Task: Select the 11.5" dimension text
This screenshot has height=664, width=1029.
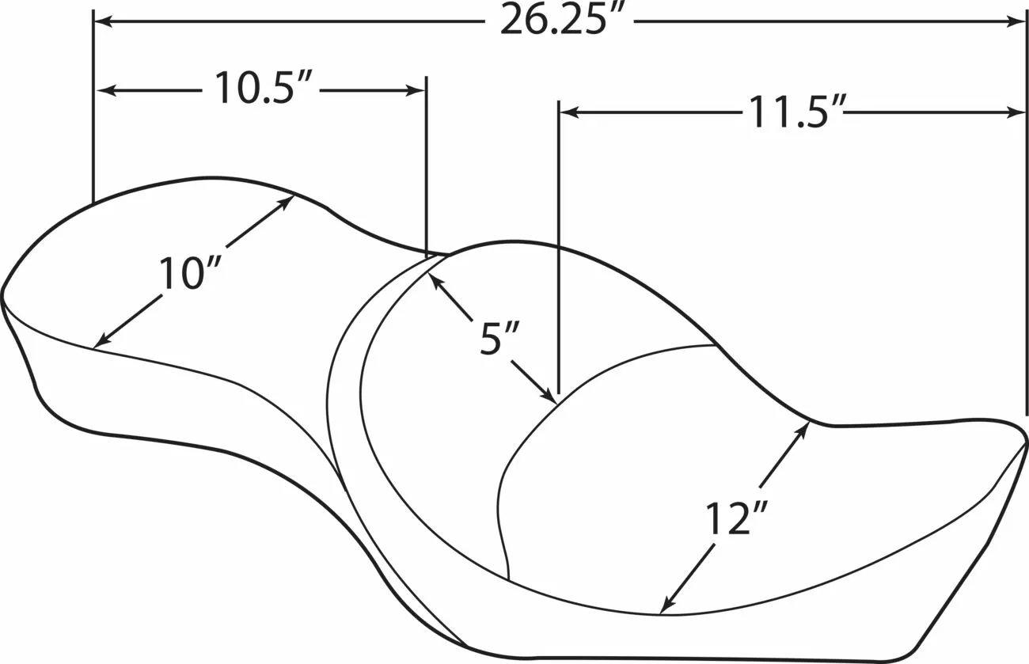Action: (795, 112)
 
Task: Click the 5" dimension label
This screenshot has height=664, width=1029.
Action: (499, 339)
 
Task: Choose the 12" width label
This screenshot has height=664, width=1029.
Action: (736, 518)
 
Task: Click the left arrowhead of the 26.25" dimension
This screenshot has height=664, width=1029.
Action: (103, 21)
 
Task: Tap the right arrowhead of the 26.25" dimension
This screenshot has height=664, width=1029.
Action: (1016, 21)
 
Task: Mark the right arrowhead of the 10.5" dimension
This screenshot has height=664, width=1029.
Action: (416, 90)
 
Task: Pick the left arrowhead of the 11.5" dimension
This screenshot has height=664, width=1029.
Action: (569, 112)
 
